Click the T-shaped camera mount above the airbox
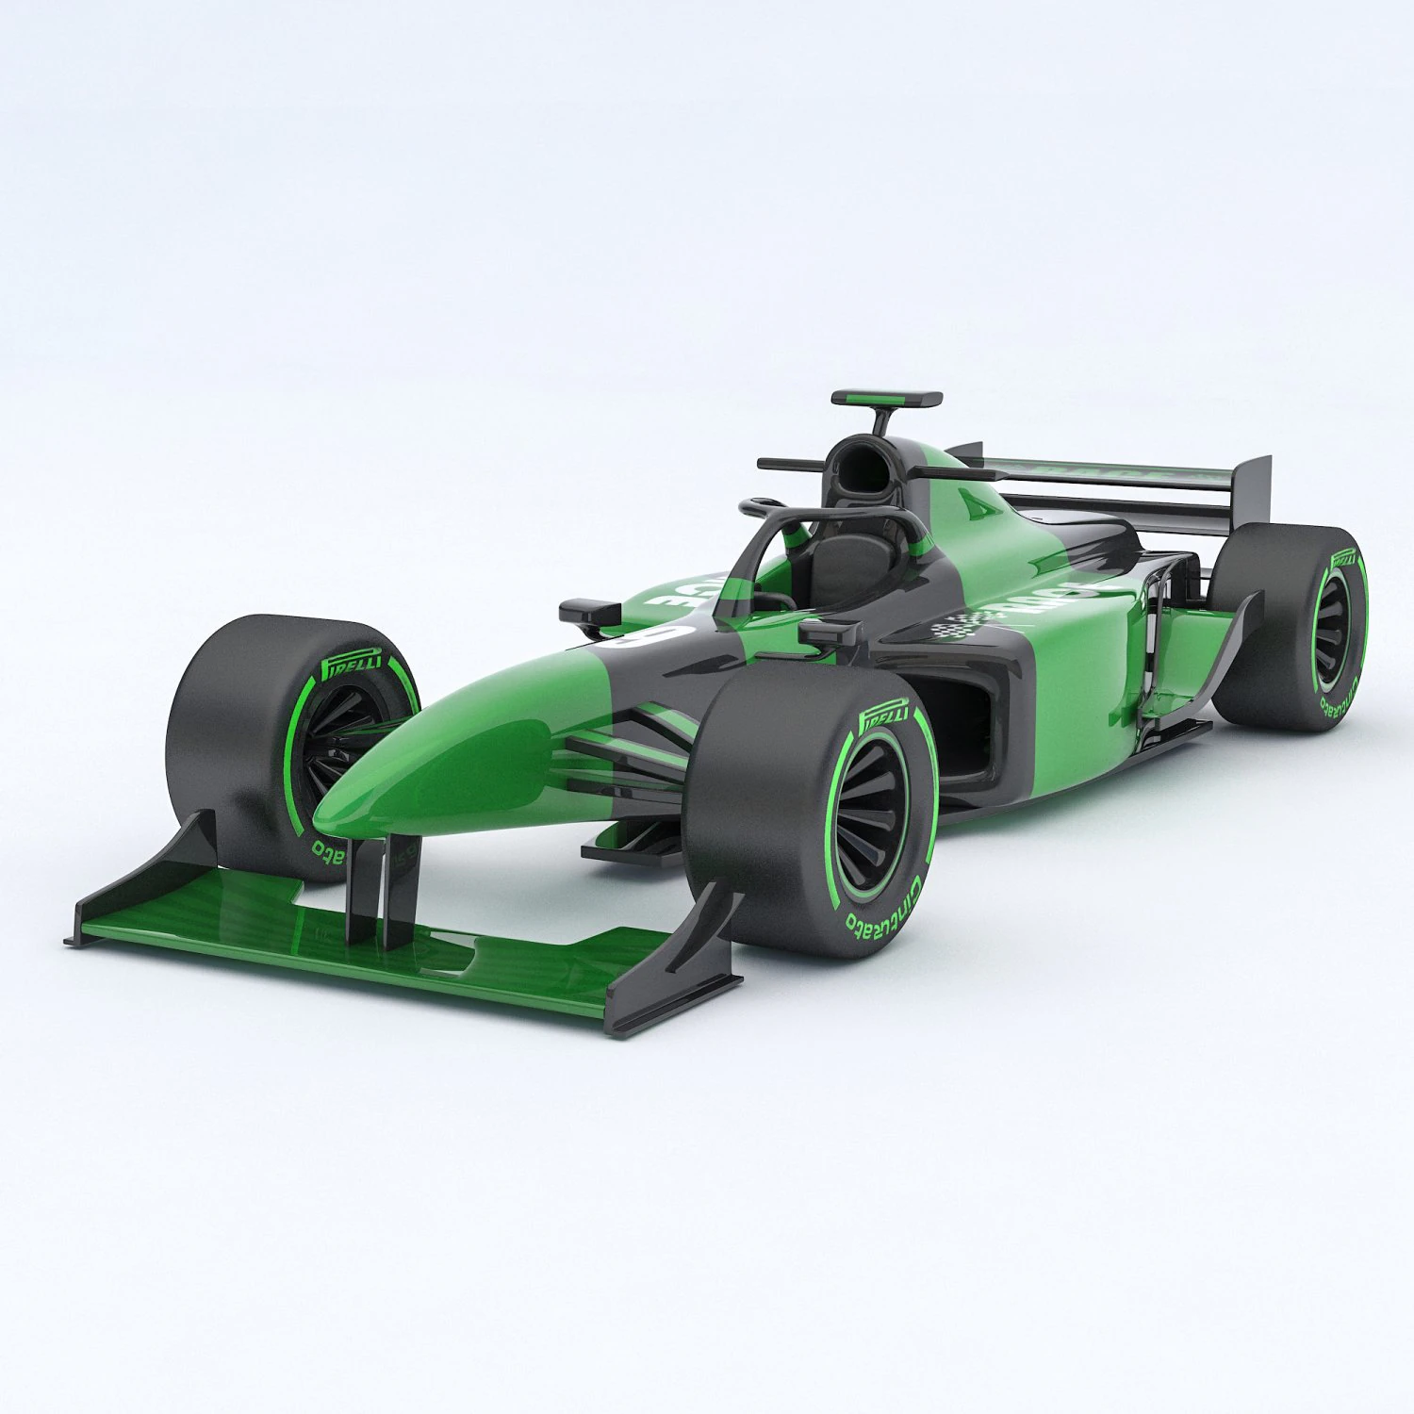point(886,402)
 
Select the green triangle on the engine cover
point(980,503)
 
